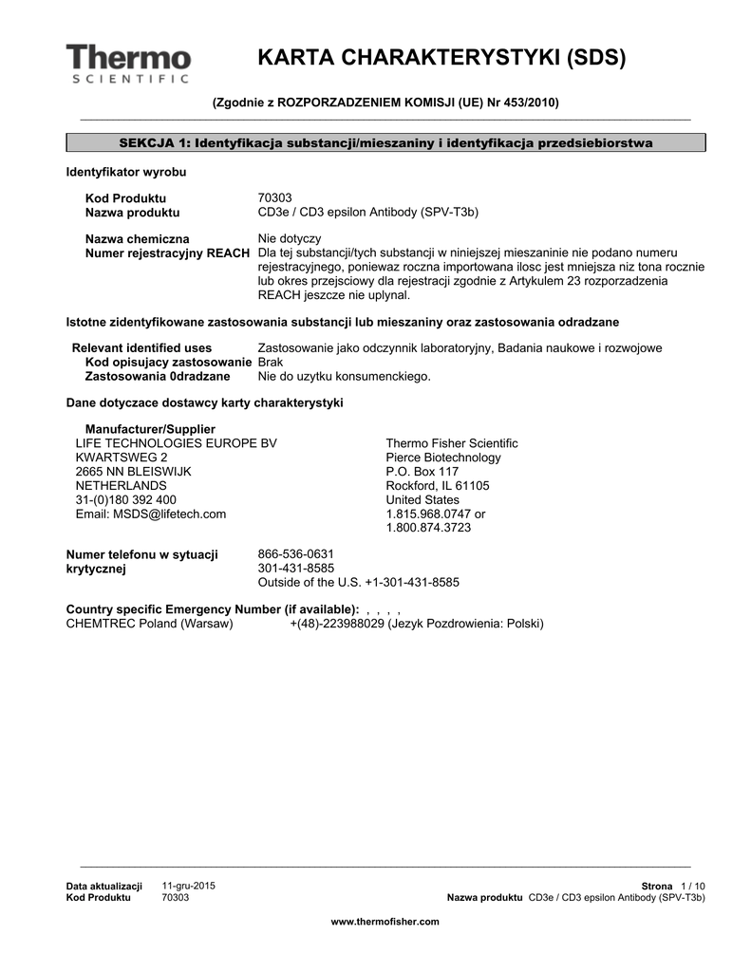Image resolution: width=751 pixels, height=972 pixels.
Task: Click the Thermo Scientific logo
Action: [128, 63]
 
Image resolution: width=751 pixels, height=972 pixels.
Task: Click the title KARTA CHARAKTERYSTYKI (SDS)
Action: [441, 59]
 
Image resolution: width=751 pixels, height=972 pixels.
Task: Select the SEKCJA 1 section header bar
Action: [385, 142]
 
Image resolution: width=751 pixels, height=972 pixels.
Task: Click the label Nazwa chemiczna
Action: [137, 238]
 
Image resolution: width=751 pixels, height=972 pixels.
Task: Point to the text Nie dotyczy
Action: [290, 238]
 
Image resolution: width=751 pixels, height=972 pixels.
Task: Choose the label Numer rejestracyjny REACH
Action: [168, 252]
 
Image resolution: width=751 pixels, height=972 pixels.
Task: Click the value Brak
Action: [271, 363]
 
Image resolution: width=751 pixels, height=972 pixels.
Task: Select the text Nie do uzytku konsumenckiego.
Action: [345, 376]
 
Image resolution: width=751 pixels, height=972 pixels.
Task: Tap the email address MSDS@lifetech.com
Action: [151, 514]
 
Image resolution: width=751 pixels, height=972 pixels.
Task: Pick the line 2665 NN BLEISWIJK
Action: [133, 471]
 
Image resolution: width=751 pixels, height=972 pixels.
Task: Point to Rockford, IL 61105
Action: [438, 485]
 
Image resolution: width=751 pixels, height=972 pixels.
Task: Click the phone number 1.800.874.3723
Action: [428, 527]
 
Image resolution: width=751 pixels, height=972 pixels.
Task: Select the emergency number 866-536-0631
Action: [296, 553]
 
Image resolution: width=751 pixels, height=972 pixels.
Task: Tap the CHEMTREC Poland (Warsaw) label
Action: [149, 624]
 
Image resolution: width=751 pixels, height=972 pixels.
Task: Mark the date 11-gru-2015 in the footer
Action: [189, 885]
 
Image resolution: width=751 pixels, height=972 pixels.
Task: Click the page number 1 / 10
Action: [693, 885]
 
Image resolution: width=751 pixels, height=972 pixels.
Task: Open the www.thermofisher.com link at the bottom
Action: [385, 922]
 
